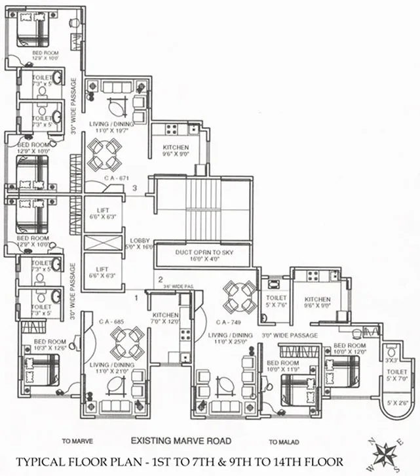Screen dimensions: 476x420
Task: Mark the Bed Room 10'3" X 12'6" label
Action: pos(50,346)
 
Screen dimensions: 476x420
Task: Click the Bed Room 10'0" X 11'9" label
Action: pos(283,367)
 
